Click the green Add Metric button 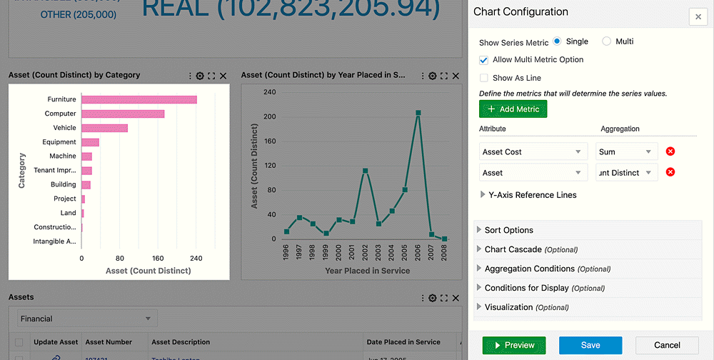coord(513,109)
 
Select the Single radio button coord(558,41)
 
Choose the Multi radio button coord(607,41)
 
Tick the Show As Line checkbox coord(484,78)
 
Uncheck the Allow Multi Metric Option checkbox coord(484,60)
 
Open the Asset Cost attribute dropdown coord(533,152)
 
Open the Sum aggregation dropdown coord(626,152)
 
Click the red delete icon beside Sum coord(670,151)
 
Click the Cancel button coord(667,345)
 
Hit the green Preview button coord(514,345)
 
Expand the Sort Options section coord(509,230)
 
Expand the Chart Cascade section coord(513,249)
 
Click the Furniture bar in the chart coord(139,99)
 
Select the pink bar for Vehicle coord(105,128)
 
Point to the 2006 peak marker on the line coord(418,113)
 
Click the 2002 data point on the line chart coord(366,171)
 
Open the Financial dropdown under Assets coord(86,319)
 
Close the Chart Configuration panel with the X coord(698,17)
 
